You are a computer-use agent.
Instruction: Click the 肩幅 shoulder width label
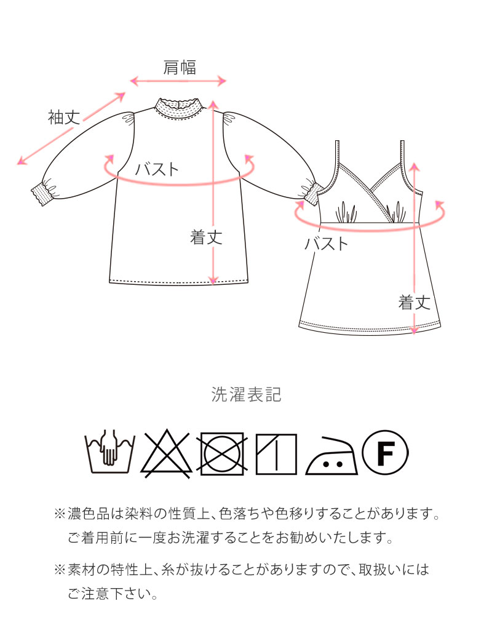tap(180, 68)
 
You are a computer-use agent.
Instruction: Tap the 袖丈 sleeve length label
tap(64, 117)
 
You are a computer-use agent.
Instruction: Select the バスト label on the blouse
tap(157, 169)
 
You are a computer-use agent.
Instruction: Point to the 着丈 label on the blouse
tap(206, 237)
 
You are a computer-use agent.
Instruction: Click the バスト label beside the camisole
tap(326, 244)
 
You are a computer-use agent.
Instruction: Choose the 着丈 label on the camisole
tap(415, 303)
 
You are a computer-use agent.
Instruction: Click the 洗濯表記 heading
tap(246, 394)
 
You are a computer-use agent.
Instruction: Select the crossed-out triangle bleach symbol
tap(165, 453)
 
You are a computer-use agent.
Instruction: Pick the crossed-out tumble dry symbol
tap(222, 453)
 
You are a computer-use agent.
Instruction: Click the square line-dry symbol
tap(276, 454)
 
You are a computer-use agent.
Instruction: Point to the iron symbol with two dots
tap(331, 455)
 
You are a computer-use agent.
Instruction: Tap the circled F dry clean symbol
tap(386, 453)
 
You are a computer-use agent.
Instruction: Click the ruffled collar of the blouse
tap(178, 108)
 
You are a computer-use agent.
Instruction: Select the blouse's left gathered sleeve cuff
tap(42, 191)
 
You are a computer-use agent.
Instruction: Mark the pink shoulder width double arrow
tap(178, 81)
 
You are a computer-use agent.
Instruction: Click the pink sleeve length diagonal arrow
tap(71, 129)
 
